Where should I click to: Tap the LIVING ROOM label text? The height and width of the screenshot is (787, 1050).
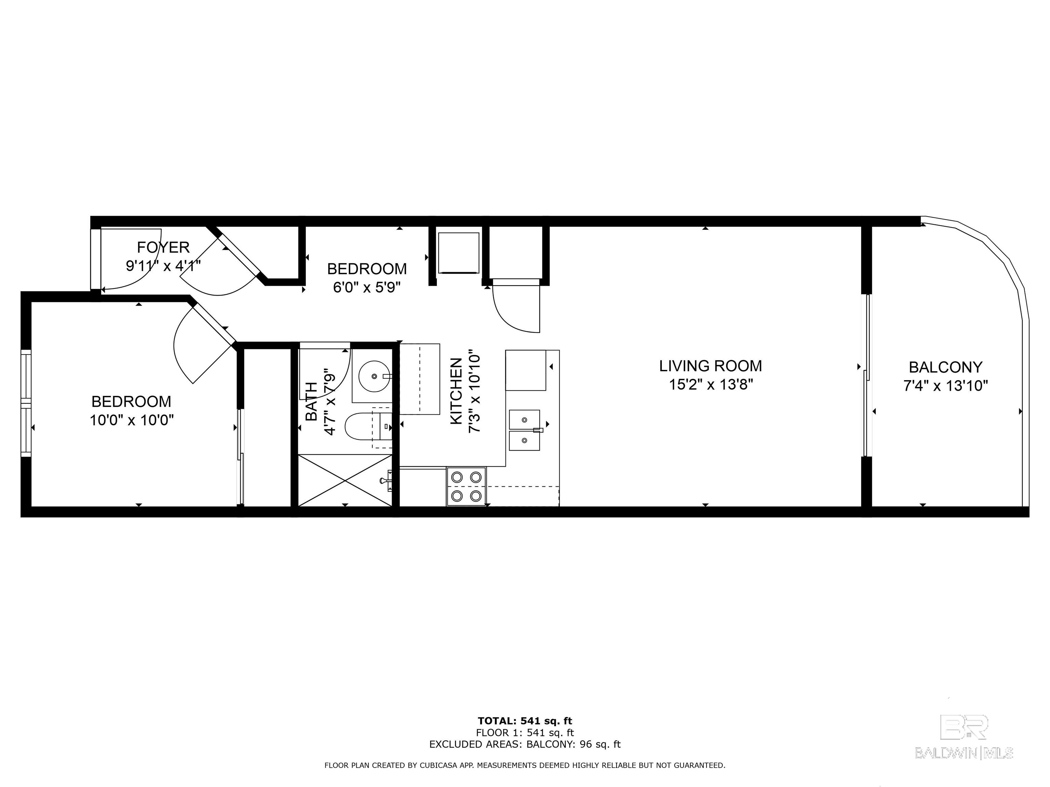click(x=710, y=366)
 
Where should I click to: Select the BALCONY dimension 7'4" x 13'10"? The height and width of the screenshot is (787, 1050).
click(x=945, y=386)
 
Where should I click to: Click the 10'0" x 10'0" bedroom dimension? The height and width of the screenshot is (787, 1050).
click(x=132, y=420)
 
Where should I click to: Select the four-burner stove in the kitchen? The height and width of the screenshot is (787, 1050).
click(x=466, y=486)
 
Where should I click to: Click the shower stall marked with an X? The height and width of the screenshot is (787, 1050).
click(x=345, y=480)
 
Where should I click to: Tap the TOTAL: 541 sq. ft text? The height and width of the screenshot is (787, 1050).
click(x=525, y=721)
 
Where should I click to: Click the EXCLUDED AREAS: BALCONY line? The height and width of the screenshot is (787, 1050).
click(x=525, y=744)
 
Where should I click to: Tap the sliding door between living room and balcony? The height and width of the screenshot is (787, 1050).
click(x=867, y=375)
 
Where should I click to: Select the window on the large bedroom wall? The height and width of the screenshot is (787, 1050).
click(x=26, y=403)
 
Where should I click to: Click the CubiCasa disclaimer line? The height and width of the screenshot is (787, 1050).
click(x=525, y=765)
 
